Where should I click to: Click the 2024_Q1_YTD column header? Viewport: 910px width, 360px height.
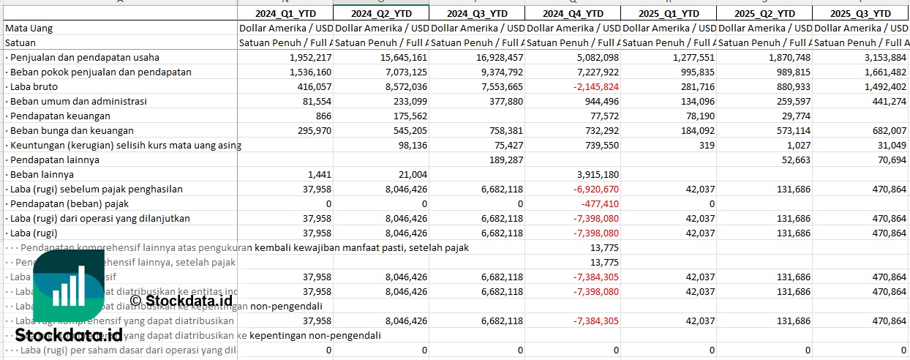coord(285,13)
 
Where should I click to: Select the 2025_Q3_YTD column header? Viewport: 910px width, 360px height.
coord(862,13)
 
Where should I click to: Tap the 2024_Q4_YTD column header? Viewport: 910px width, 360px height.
coord(574,13)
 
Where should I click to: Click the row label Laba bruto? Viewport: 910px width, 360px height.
coord(34,86)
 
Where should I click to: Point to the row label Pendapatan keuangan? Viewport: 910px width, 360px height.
coord(60,116)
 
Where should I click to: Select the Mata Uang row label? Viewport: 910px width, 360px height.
coord(29,28)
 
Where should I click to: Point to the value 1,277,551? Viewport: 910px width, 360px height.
coord(689,57)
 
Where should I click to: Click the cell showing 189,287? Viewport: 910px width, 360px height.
coord(504,160)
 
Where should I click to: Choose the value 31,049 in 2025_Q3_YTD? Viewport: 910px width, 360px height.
coord(890,145)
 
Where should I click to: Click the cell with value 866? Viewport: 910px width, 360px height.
coord(320,116)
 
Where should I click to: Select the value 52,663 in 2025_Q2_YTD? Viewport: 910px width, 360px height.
coord(794,160)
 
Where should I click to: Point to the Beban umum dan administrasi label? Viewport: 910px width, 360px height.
coord(79,101)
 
